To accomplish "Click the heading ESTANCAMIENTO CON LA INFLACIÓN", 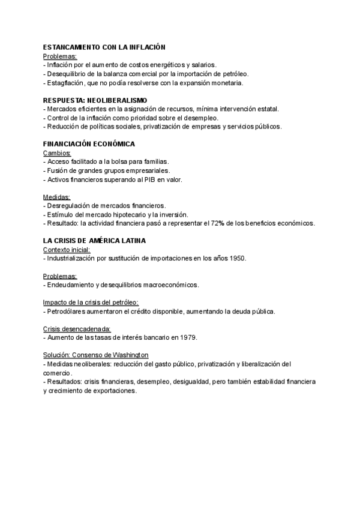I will pyautogui.click(x=104, y=47).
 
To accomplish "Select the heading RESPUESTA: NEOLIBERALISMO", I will pyautogui.click(x=95, y=100).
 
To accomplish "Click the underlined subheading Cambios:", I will pyautogui.click(x=57, y=153).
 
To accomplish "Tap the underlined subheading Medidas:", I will pyautogui.click(x=56, y=197).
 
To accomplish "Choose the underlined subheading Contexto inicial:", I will pyautogui.click(x=67, y=250).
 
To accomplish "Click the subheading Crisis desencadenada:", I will pyautogui.click(x=77, y=329).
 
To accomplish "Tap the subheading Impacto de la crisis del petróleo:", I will pyautogui.click(x=91, y=303).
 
